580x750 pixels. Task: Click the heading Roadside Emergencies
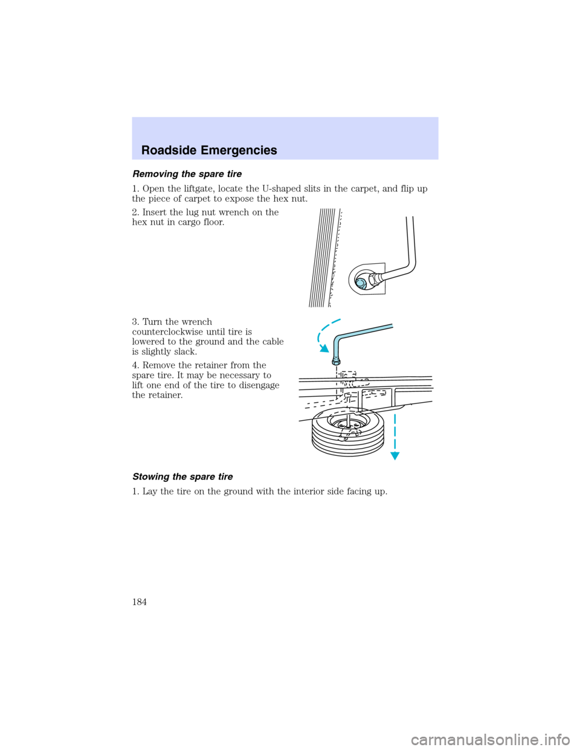[x=209, y=150]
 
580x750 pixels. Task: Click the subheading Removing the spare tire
[x=187, y=174]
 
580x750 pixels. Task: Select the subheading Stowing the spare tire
[x=182, y=476]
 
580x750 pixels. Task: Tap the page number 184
[x=139, y=601]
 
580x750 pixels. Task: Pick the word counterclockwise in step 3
[x=171, y=332]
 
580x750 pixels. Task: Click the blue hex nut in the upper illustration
[x=360, y=283]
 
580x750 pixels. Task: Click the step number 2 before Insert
[x=135, y=213]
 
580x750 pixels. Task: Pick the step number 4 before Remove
[x=135, y=365]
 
